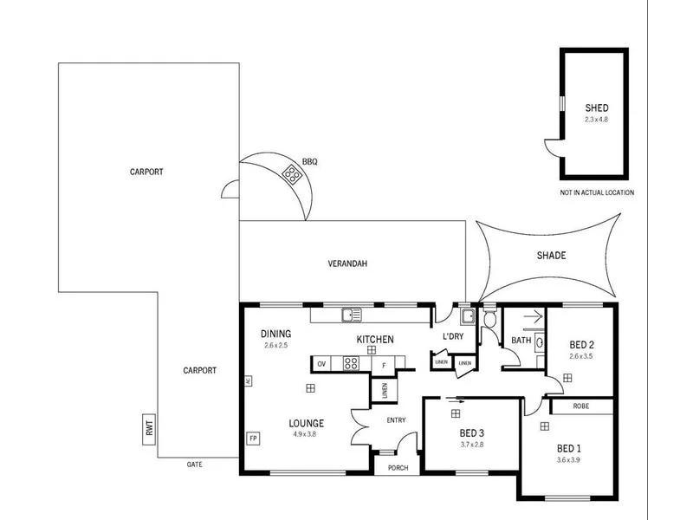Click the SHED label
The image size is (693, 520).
pos(597,108)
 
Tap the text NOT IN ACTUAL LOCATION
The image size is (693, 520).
pos(597,192)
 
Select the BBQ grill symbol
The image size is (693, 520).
pos(293,177)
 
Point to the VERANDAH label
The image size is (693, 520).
pos(348,263)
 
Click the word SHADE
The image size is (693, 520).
pos(551,256)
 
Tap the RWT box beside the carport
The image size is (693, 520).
pos(148,426)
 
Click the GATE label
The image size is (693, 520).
pos(194,465)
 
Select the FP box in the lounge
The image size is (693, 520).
pos(253,438)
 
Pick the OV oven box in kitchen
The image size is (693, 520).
pos(321,364)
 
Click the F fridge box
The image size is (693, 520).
pos(383,365)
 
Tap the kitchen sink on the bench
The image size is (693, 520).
pos(350,314)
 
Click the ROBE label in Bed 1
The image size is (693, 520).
pos(581,406)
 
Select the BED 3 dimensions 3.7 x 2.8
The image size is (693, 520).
pos(471,445)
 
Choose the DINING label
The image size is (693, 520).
pos(275,335)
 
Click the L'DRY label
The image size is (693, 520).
pos(453,336)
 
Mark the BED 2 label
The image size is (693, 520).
pos(581,344)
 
